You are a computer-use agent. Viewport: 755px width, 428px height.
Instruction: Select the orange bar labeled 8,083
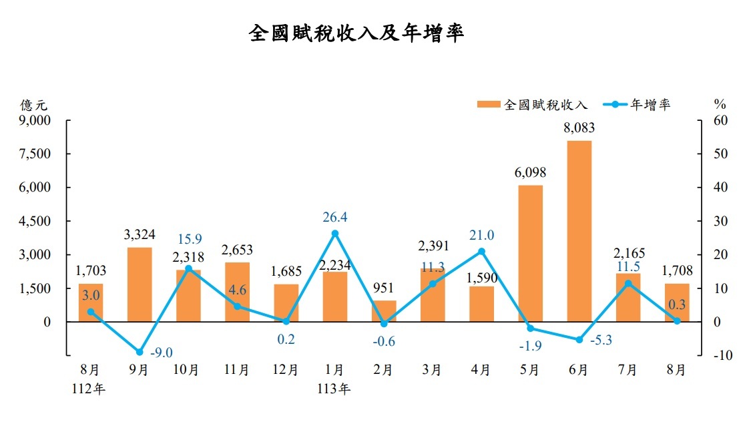[579, 230]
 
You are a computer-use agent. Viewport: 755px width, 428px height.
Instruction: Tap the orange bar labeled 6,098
[530, 253]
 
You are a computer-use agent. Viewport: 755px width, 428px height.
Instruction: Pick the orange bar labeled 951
[383, 310]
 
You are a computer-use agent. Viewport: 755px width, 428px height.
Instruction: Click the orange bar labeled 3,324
[140, 284]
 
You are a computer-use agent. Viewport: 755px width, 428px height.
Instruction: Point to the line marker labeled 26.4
[334, 233]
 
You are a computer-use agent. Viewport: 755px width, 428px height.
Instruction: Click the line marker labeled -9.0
[140, 352]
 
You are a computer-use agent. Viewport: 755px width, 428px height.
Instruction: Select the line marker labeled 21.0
[481, 251]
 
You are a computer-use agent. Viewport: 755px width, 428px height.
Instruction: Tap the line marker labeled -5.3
[579, 340]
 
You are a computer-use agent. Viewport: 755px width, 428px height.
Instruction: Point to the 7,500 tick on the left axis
[37, 154]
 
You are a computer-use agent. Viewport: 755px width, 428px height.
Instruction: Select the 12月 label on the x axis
[286, 370]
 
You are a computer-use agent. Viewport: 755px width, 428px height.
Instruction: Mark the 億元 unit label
[34, 104]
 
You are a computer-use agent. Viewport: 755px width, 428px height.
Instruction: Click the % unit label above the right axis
[719, 104]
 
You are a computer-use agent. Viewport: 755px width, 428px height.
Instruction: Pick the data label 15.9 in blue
[188, 238]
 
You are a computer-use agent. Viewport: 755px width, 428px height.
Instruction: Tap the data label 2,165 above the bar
[627, 254]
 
